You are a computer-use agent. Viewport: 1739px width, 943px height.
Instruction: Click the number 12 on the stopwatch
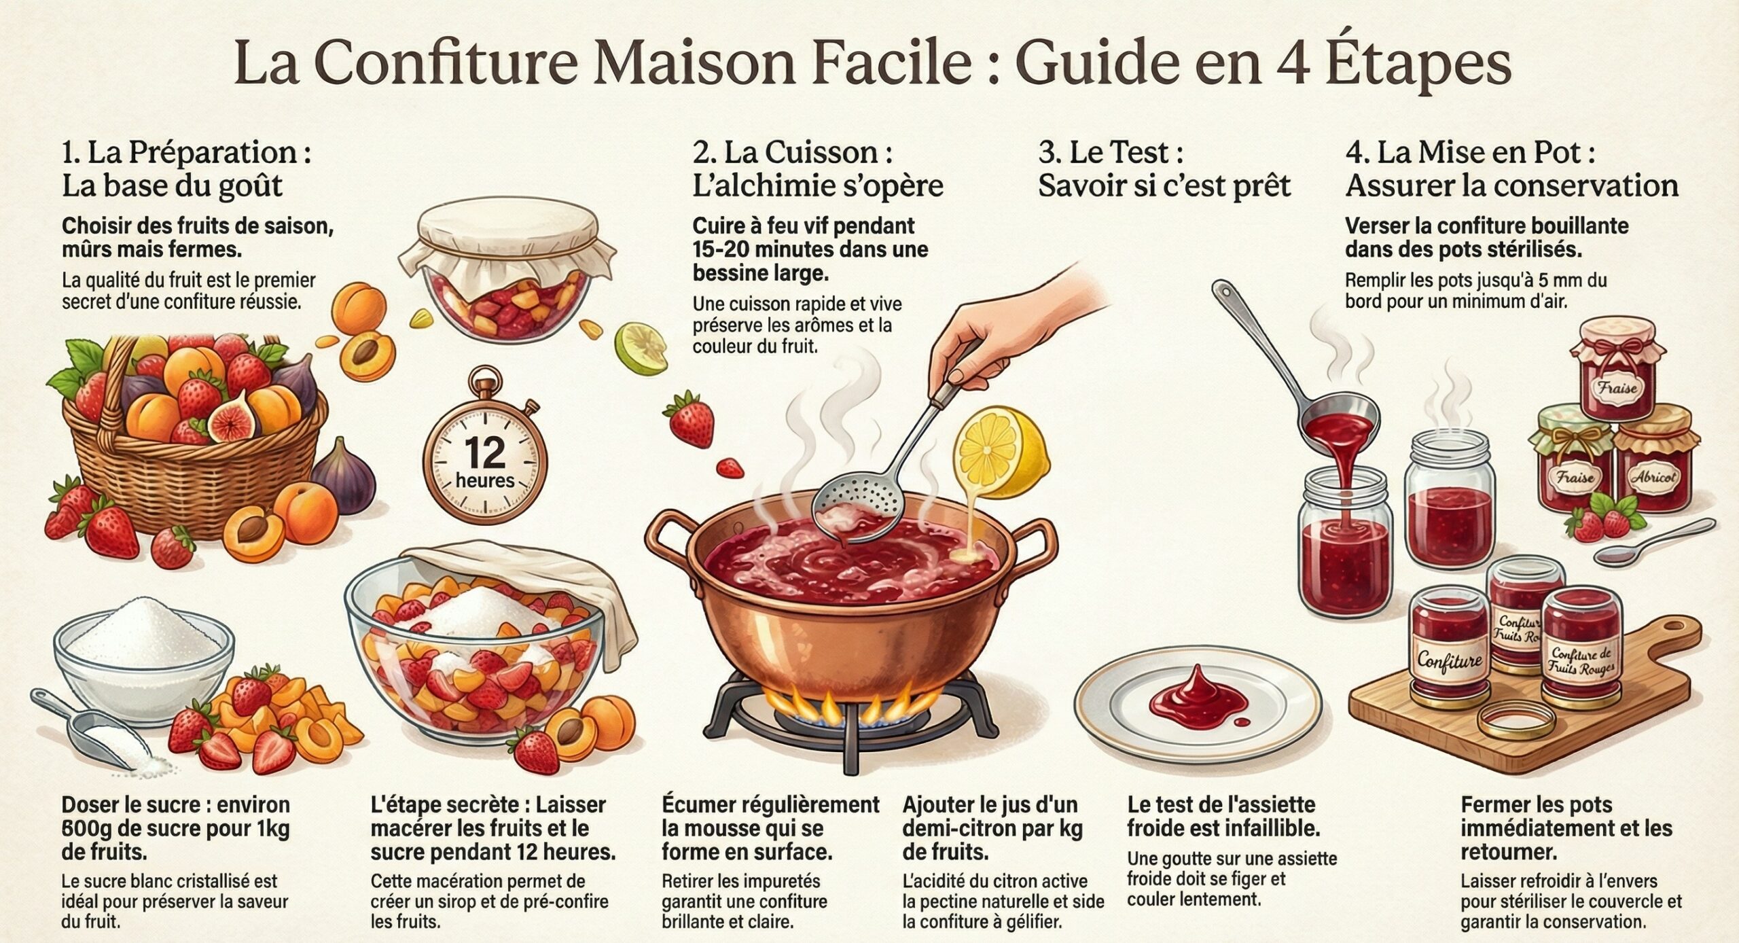[x=484, y=452]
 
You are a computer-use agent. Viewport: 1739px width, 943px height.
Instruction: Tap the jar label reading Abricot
[x=1653, y=476]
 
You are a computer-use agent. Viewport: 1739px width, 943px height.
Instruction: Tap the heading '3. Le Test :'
[x=1110, y=152]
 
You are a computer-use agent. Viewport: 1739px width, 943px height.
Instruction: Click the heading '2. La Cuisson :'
[x=791, y=152]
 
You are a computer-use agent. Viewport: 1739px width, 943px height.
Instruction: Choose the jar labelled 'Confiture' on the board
[x=1450, y=645]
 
